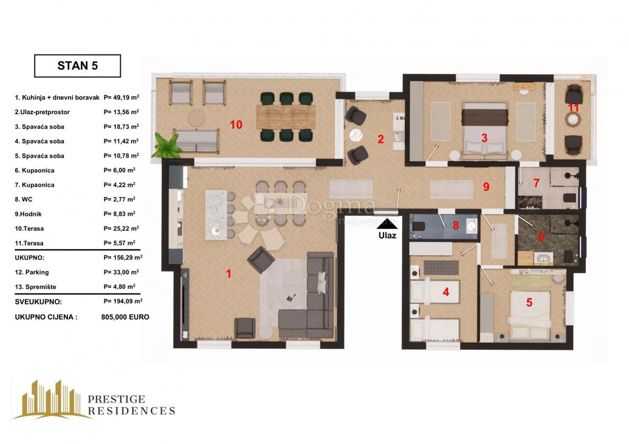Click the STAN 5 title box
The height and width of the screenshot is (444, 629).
pyautogui.click(x=78, y=66)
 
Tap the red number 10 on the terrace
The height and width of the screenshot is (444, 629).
pyautogui.click(x=236, y=125)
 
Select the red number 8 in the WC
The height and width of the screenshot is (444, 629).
pyautogui.click(x=456, y=225)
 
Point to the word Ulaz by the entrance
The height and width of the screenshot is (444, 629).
pyautogui.click(x=387, y=236)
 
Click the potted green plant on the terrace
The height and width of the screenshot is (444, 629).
pyautogui.click(x=167, y=147)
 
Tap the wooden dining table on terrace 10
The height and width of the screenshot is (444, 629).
pyautogui.click(x=286, y=117)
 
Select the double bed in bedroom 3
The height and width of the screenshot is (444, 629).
pyautogui.click(x=484, y=131)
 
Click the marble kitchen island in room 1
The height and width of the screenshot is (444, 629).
pyautogui.click(x=216, y=215)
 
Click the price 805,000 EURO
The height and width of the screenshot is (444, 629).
pyautogui.click(x=125, y=317)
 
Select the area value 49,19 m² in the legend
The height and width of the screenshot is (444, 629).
pyautogui.click(x=121, y=97)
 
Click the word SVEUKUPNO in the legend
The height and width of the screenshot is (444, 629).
pyautogui.click(x=38, y=302)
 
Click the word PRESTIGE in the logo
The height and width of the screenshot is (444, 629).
pyautogui.click(x=116, y=399)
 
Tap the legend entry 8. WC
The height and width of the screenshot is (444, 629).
pyautogui.click(x=24, y=199)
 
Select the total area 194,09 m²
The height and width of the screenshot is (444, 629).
pyautogui.click(x=123, y=301)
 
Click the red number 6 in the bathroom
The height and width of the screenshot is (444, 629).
pyautogui.click(x=541, y=237)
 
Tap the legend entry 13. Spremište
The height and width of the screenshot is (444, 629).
pyautogui.click(x=36, y=287)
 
